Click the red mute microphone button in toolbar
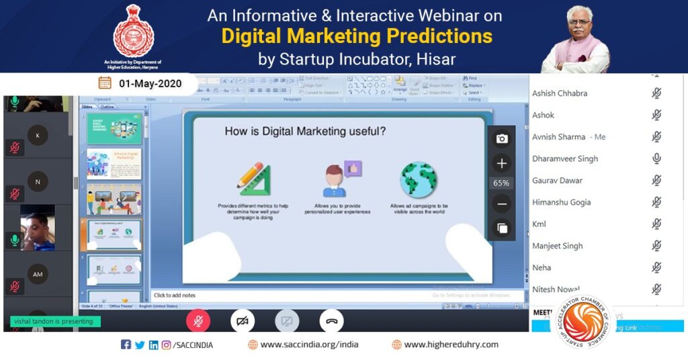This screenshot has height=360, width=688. tap(198, 321)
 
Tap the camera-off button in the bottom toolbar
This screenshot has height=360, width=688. tap(243, 321)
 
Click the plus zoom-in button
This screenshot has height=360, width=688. tap(501, 163)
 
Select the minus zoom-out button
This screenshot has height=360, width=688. tap(501, 204)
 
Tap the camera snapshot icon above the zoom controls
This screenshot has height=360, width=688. tap(501, 139)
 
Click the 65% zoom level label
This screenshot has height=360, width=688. tap(501, 183)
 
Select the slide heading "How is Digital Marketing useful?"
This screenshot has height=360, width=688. tap(305, 132)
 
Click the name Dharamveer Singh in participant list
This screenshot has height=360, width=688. tap(564, 159)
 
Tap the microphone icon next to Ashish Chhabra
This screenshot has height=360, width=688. tap(656, 93)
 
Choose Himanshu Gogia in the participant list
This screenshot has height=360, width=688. tap(561, 202)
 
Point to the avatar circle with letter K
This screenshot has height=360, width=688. tap(38, 135)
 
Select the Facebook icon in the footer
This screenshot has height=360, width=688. tap(126, 345)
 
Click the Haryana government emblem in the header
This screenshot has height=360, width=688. tap(134, 31)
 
